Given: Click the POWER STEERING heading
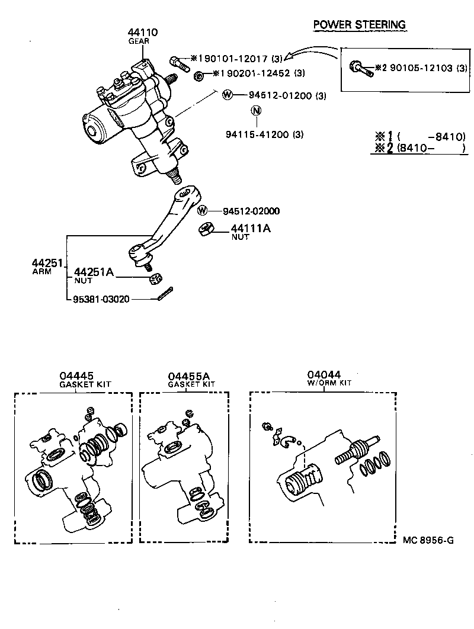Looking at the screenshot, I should [359, 24].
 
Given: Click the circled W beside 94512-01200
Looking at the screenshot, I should [226, 95].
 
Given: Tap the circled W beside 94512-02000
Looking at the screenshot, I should [203, 211].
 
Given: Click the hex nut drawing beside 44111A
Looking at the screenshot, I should [207, 229].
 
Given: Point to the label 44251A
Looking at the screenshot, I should [94, 272].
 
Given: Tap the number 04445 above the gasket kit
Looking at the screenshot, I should [76, 376].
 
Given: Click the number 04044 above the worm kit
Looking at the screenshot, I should [324, 374].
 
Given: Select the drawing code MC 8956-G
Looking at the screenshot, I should [428, 540].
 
